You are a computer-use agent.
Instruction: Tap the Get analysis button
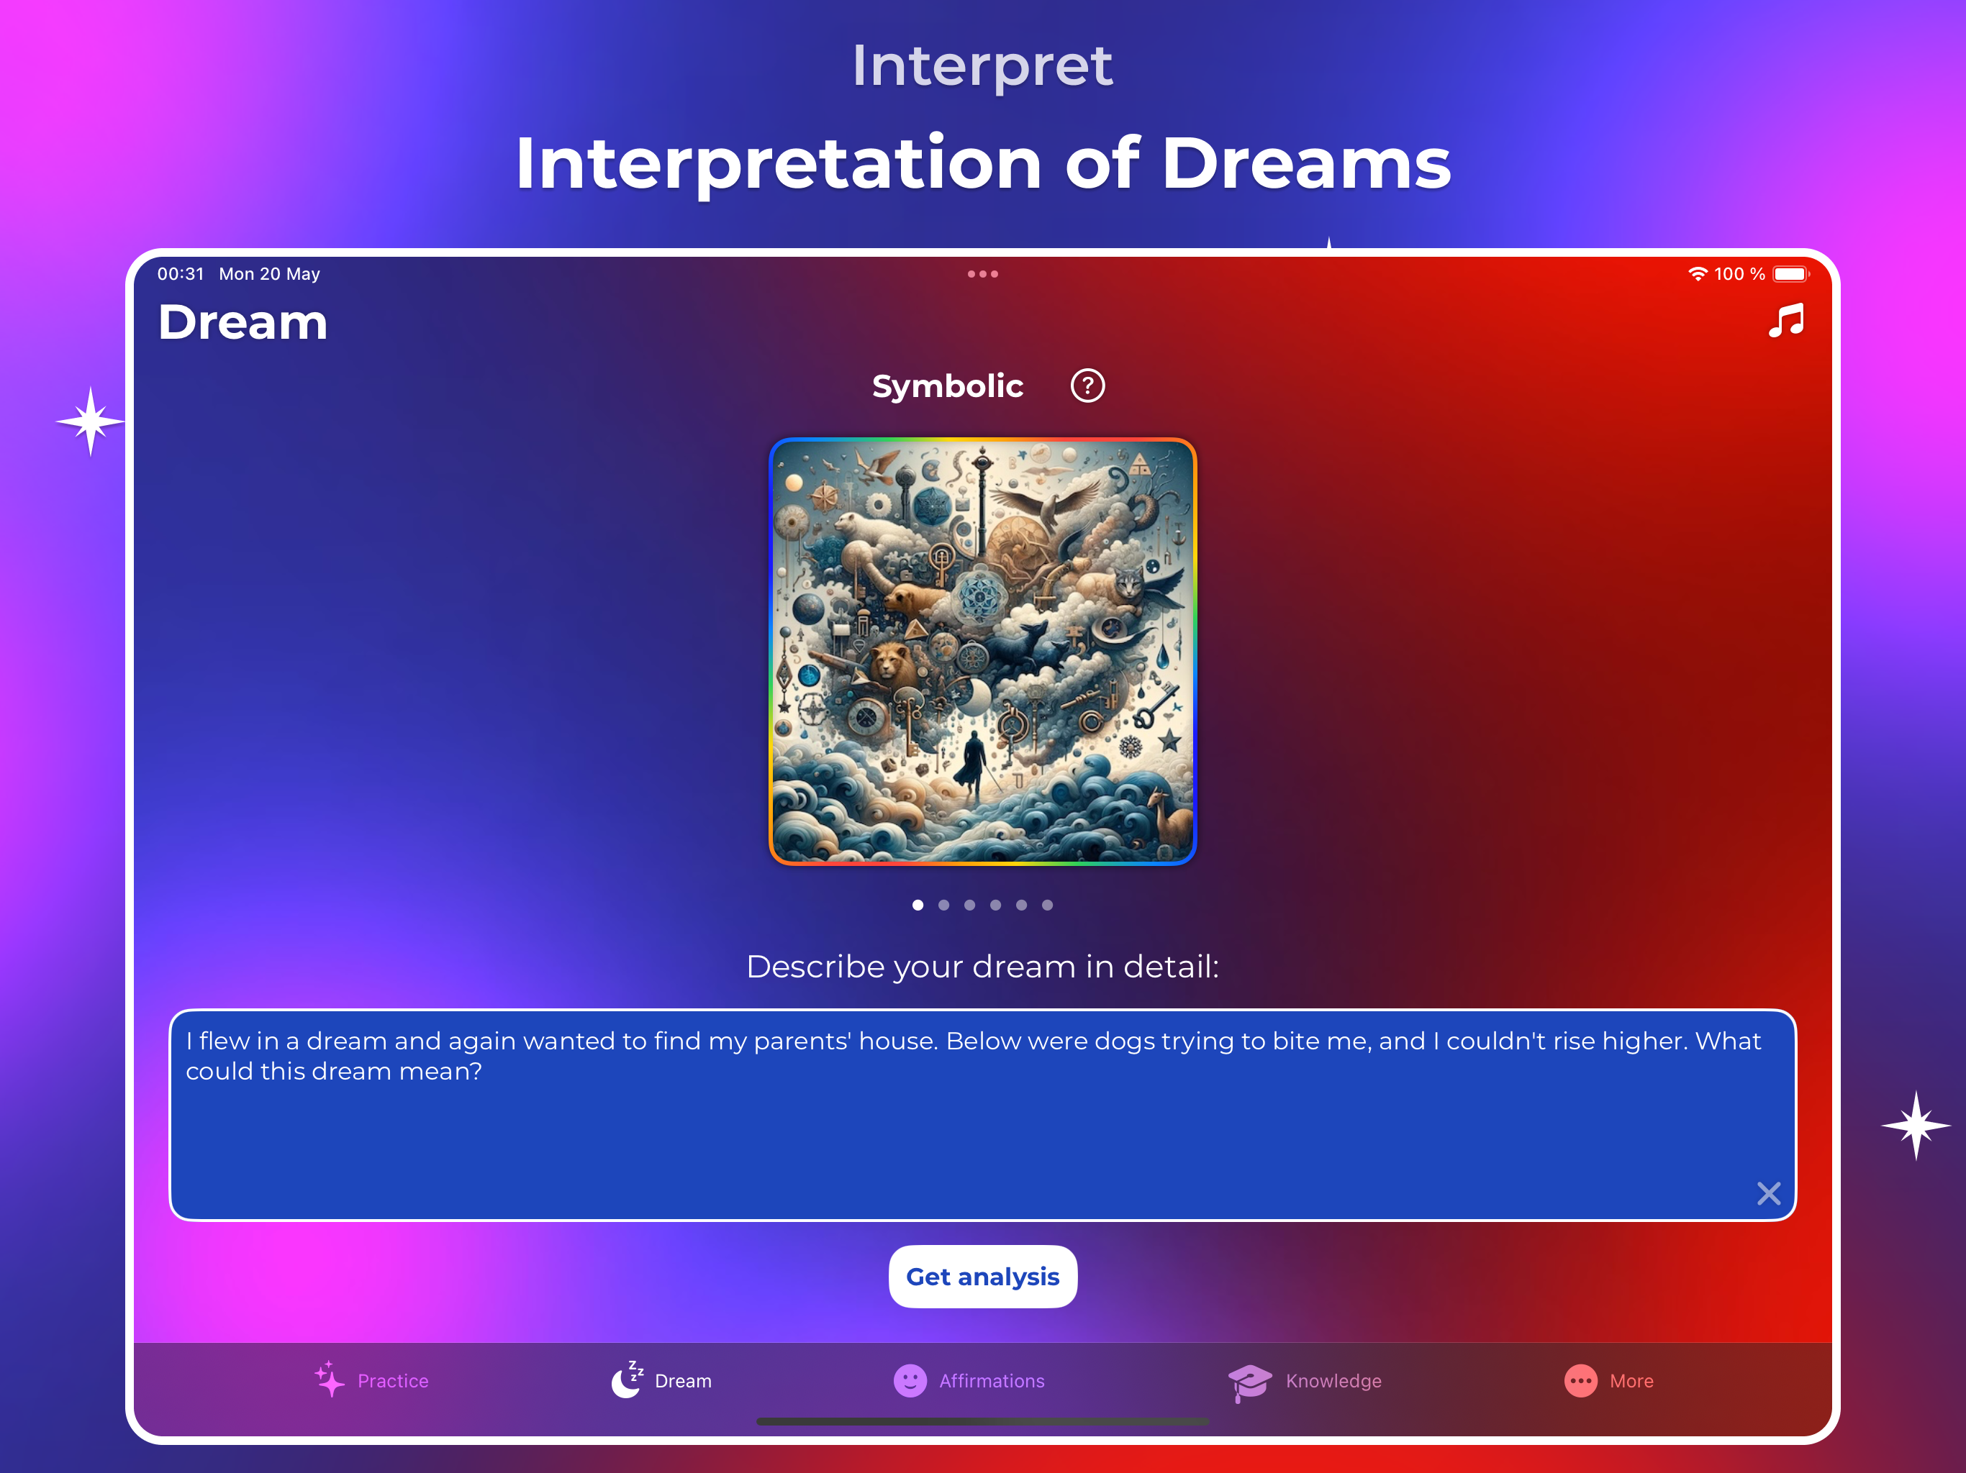(x=982, y=1277)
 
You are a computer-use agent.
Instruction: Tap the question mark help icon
(x=1087, y=386)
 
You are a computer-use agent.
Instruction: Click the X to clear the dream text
(x=1768, y=1193)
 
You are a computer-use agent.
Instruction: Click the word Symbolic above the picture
(x=948, y=386)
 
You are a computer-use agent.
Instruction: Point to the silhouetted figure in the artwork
(x=974, y=766)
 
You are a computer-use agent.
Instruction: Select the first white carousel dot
(x=918, y=904)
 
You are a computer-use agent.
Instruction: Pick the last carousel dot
(x=1047, y=904)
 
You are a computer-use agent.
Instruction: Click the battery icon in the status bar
(x=1790, y=273)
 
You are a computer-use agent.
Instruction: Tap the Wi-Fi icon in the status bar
(x=1698, y=273)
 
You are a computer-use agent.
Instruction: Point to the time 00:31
(x=181, y=273)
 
